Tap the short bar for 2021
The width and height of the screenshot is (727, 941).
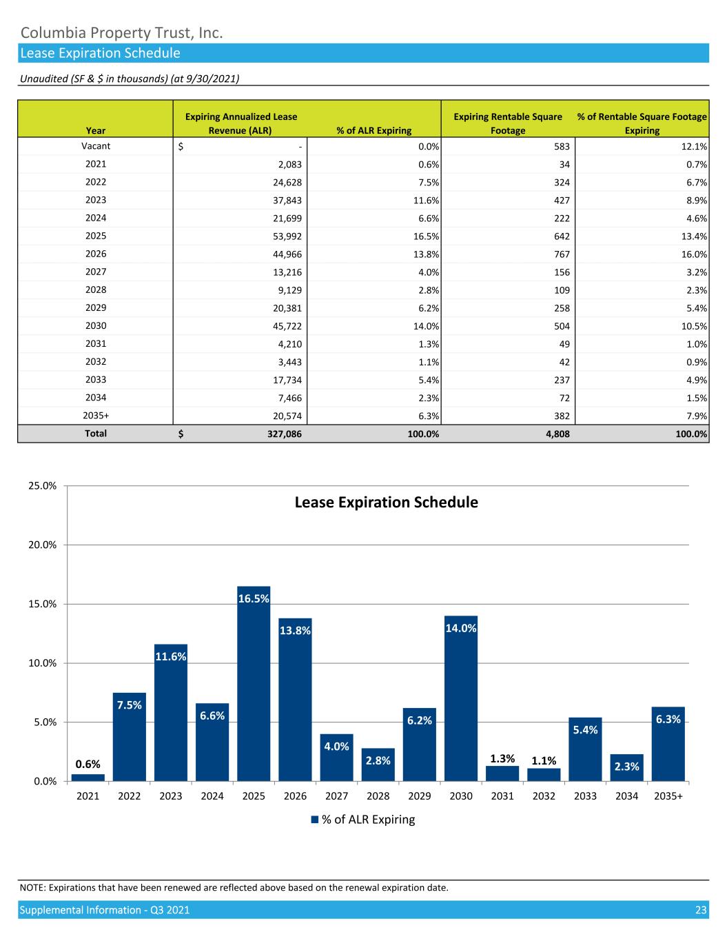(88, 778)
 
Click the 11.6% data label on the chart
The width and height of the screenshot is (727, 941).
(171, 657)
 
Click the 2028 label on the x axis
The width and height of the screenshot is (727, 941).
(378, 796)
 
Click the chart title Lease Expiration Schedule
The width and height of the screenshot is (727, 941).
(386, 503)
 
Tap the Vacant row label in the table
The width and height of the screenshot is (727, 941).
(96, 146)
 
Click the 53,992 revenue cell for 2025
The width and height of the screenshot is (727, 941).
(288, 236)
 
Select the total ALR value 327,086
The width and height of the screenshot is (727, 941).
(283, 434)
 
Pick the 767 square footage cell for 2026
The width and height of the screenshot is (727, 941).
(561, 254)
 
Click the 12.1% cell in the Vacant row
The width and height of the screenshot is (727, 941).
(695, 147)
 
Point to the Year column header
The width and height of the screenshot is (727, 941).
(96, 130)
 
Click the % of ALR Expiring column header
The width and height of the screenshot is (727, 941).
(373, 130)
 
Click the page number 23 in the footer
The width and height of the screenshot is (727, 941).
(701, 910)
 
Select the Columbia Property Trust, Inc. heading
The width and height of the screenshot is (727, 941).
(121, 32)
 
